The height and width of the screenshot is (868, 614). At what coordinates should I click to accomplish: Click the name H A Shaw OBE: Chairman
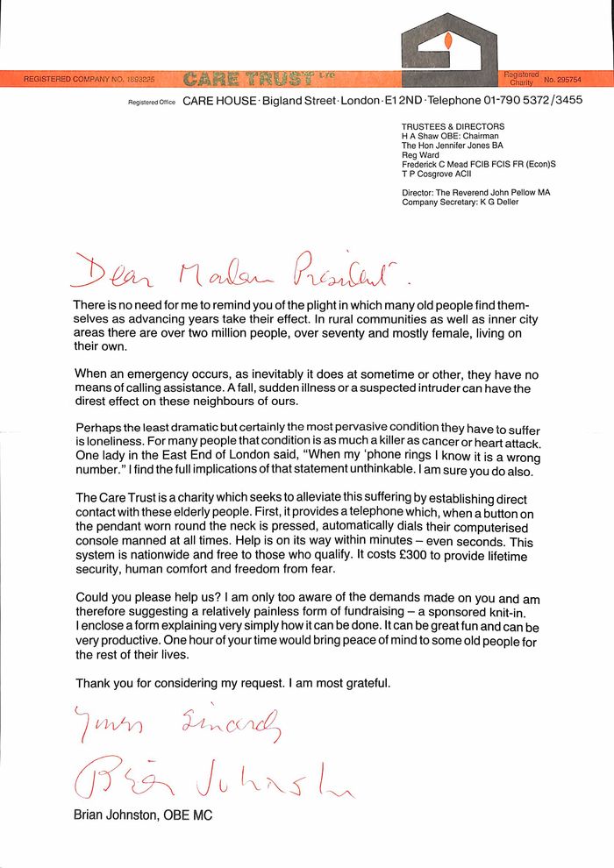click(x=450, y=136)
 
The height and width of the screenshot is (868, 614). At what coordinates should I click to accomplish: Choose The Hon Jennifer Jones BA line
click(x=453, y=146)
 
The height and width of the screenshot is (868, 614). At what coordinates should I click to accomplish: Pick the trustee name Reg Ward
click(x=420, y=155)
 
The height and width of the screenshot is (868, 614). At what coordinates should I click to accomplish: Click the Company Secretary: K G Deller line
click(x=460, y=202)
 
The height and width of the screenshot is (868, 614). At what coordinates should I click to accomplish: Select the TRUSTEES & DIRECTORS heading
click(x=453, y=126)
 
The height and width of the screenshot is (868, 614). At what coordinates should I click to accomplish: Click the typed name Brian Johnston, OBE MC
click(x=143, y=815)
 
